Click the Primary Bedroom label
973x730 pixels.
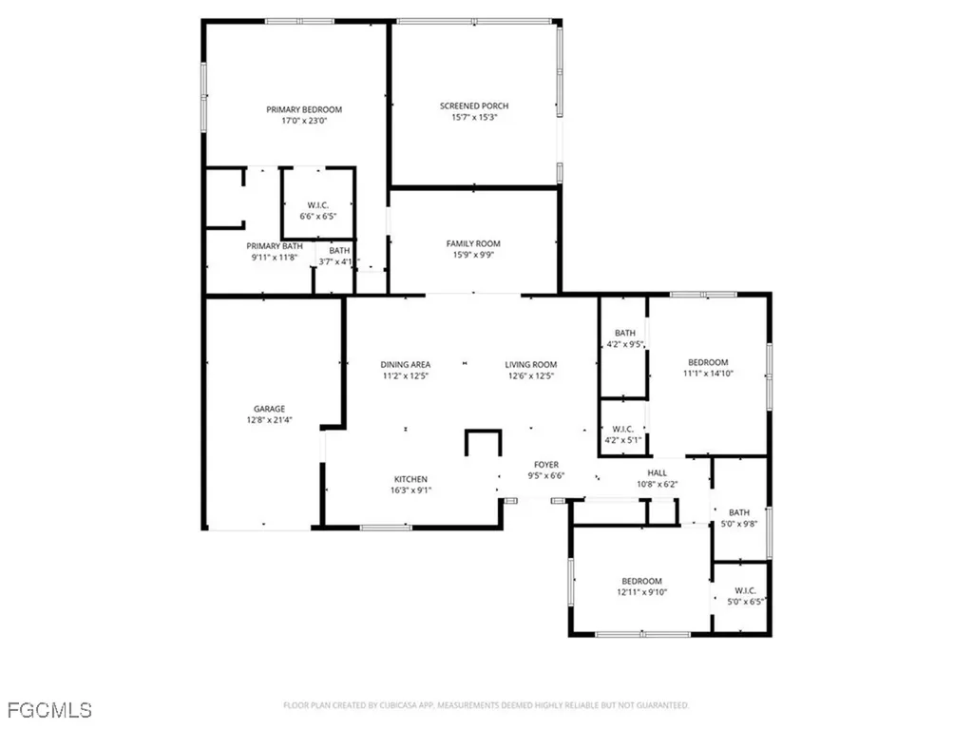point(303,109)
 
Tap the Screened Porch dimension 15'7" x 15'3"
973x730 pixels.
point(473,118)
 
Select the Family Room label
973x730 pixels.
point(473,243)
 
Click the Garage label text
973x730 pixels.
point(269,409)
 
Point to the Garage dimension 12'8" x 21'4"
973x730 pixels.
point(269,420)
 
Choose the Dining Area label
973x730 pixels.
point(406,364)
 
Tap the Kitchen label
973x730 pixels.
point(410,479)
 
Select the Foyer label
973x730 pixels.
point(545,465)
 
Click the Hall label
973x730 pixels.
point(658,472)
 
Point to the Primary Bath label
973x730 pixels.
point(275,246)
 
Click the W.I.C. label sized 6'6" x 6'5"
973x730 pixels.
point(317,205)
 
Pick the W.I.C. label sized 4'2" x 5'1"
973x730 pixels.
point(624,428)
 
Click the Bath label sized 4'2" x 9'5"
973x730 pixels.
point(624,333)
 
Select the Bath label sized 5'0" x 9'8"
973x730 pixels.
point(739,512)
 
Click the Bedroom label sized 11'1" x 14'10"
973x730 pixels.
point(708,362)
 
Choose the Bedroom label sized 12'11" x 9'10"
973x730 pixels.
point(641,581)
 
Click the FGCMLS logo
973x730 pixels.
point(48,710)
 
